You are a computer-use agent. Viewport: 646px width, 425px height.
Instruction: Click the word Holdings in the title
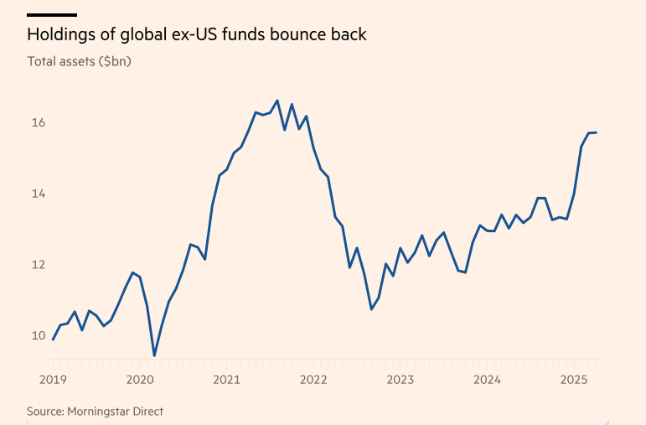[62, 35]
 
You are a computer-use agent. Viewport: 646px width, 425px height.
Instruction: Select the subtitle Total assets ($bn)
[80, 61]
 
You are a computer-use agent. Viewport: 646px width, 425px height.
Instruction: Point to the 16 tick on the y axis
[39, 122]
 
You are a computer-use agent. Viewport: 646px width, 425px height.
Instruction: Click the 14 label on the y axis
[39, 194]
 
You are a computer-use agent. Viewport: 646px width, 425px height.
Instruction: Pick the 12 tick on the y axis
[39, 264]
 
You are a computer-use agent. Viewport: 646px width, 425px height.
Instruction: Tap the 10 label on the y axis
[39, 335]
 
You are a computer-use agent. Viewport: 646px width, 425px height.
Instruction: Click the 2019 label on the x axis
[54, 380]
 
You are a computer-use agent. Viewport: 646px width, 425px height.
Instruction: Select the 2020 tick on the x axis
[140, 380]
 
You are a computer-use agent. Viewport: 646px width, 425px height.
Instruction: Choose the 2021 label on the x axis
[227, 380]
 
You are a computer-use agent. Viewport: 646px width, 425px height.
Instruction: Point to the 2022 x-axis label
[313, 380]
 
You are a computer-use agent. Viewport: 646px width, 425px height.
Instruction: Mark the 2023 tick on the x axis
[401, 380]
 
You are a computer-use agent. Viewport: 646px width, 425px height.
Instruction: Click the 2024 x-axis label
[487, 380]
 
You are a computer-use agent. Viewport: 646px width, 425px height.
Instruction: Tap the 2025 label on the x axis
[574, 380]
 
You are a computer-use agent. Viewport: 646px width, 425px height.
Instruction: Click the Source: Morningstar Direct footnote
[95, 411]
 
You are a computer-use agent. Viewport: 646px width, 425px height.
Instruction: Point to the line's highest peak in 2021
[277, 101]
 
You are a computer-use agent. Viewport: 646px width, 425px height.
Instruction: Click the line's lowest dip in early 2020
[154, 355]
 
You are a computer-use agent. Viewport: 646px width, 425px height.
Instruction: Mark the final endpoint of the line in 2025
[596, 132]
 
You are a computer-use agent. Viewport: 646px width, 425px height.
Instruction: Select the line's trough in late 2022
[371, 309]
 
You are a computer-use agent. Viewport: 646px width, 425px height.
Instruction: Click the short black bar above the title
[52, 15]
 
